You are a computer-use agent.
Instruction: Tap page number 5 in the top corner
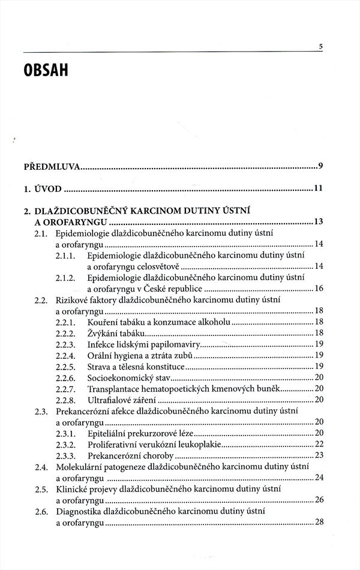tap(321, 47)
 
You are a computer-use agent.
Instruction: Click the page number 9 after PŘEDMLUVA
tap(322, 166)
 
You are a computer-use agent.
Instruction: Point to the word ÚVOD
tap(47, 188)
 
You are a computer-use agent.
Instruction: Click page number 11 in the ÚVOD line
tap(319, 188)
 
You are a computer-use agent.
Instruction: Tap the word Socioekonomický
tap(120, 377)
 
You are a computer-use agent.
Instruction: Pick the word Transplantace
tap(114, 389)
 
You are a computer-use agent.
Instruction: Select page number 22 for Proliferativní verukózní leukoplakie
tap(319, 444)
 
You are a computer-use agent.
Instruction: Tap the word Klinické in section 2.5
tap(72, 488)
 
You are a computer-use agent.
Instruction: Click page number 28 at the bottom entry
tap(319, 522)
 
